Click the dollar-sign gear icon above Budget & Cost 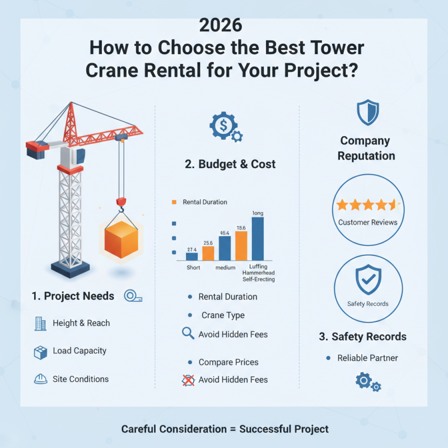pyautogui.click(x=223, y=127)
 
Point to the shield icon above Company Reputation pyautogui.click(x=368, y=113)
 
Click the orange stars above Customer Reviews pyautogui.click(x=367, y=205)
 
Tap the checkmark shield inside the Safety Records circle pyautogui.click(x=368, y=280)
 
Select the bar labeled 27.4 pyautogui.click(x=192, y=256)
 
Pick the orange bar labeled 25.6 pyautogui.click(x=208, y=253)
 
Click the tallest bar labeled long pyautogui.click(x=258, y=239)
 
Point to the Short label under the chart pyautogui.click(x=193, y=268)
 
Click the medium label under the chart pyautogui.click(x=225, y=268)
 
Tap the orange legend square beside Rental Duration pyautogui.click(x=175, y=202)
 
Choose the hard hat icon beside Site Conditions pyautogui.click(x=40, y=379)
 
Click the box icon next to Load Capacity pyautogui.click(x=40, y=352)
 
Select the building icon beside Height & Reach pyautogui.click(x=40, y=323)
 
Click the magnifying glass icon pyautogui.click(x=188, y=334)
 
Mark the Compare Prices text pyautogui.click(x=228, y=362)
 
